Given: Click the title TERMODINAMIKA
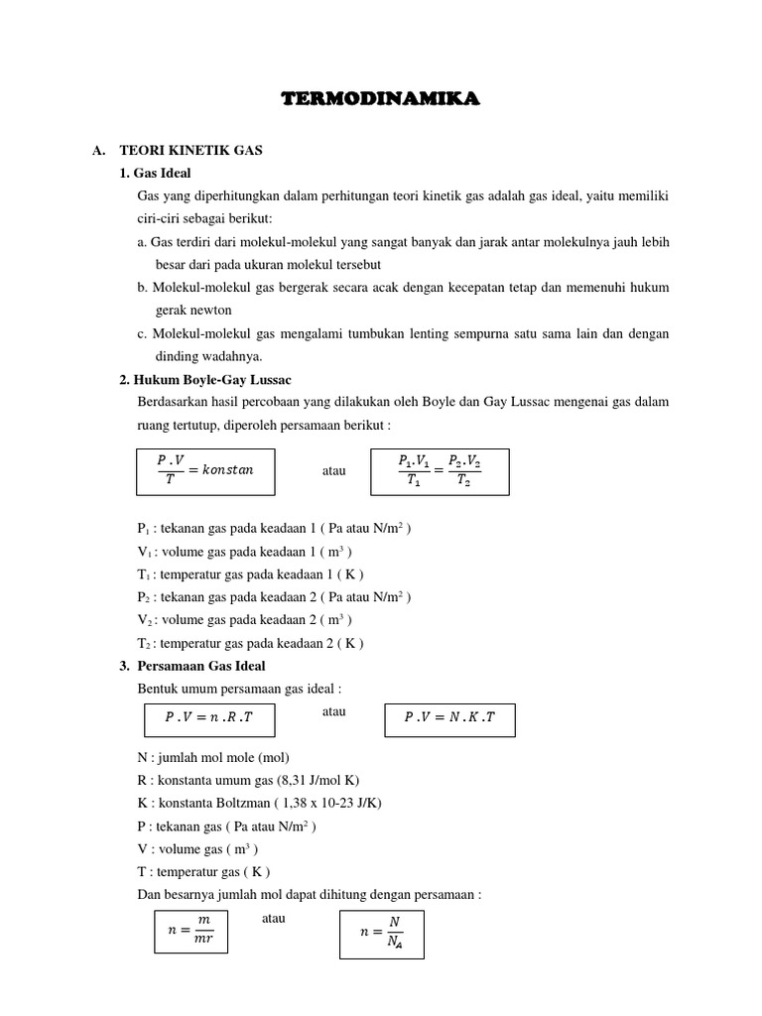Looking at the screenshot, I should (x=381, y=98).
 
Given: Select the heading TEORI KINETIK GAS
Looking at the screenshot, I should (x=190, y=151).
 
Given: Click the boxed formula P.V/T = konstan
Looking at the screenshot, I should (x=206, y=470).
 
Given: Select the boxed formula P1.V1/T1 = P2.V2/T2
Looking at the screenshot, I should (x=439, y=470).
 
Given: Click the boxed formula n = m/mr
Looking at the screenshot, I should (x=191, y=933).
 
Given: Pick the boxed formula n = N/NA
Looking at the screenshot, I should (x=381, y=934).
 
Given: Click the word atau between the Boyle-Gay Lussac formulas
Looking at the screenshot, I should (x=334, y=470).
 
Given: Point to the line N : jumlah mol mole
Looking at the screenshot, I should (x=212, y=757).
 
